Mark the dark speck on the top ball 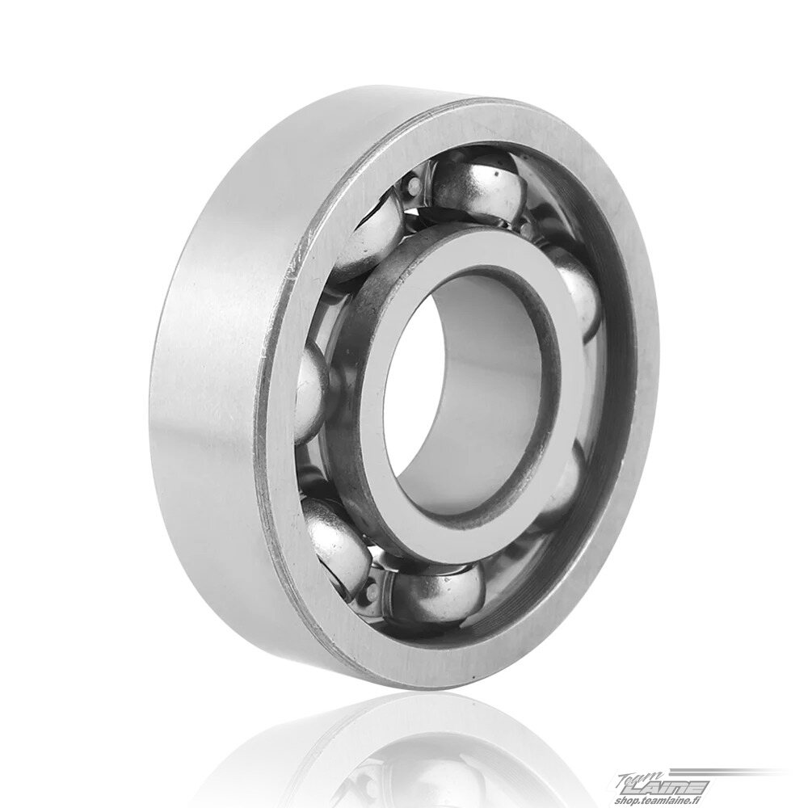pos(496,174)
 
